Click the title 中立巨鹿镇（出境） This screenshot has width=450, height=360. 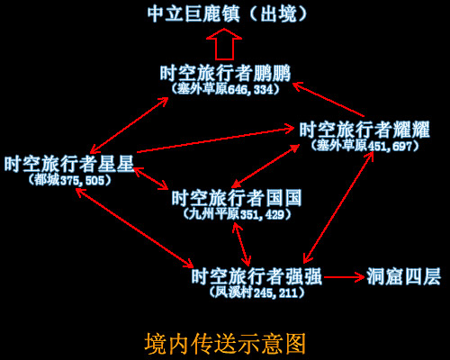pyautogui.click(x=227, y=13)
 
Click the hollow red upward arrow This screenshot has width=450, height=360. pyautogui.click(x=224, y=44)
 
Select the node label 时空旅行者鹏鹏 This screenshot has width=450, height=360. pyautogui.click(x=225, y=73)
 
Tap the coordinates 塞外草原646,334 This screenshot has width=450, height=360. pyautogui.click(x=225, y=89)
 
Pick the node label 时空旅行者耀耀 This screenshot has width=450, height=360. pyautogui.click(x=364, y=130)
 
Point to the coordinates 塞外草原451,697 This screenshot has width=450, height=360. pyautogui.click(x=364, y=146)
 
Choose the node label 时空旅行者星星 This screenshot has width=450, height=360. pyautogui.click(x=69, y=164)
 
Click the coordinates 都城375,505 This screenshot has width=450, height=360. pyautogui.click(x=69, y=180)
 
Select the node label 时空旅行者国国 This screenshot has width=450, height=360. pyautogui.click(x=237, y=198)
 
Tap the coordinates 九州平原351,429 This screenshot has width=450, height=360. pyautogui.click(x=237, y=214)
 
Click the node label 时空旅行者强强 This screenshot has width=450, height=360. pyautogui.click(x=256, y=276)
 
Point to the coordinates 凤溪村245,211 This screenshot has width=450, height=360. pyautogui.click(x=256, y=292)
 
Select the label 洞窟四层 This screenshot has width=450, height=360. pyautogui.click(x=403, y=276)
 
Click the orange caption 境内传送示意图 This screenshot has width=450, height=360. pyautogui.click(x=225, y=343)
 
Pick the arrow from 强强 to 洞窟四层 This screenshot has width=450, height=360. pyautogui.click(x=344, y=277)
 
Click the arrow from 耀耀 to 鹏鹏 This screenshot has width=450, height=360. pyautogui.click(x=328, y=100)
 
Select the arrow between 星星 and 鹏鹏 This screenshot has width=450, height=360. pyautogui.click(x=130, y=125)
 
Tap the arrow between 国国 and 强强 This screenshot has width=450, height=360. pyautogui.click(x=241, y=244)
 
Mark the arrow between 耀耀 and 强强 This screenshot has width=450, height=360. pyautogui.click(x=338, y=208)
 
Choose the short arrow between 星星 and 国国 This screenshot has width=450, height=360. pyautogui.click(x=150, y=178)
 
